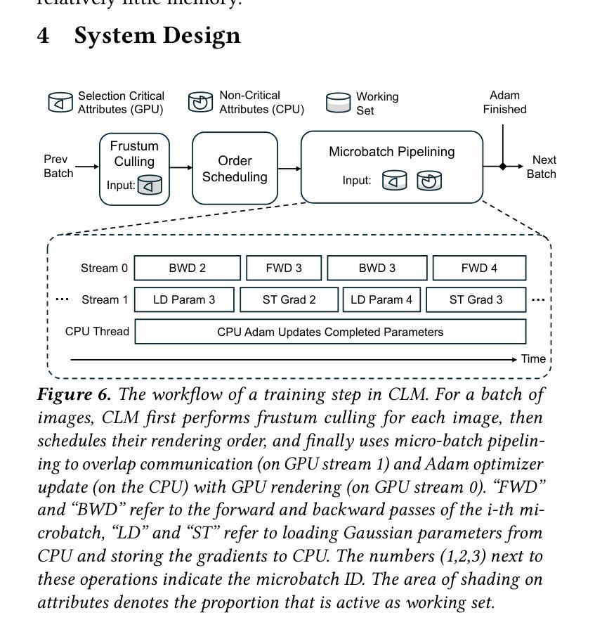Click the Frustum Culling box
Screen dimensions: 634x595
click(x=134, y=169)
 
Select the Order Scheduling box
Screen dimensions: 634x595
click(x=235, y=169)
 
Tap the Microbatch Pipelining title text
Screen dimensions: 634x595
click(x=392, y=152)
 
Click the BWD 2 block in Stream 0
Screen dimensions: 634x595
click(x=187, y=268)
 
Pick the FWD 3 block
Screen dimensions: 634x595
click(x=284, y=268)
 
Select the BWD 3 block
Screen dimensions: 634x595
click(x=377, y=268)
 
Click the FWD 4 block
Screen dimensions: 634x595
click(x=479, y=268)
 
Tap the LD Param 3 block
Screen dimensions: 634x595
click(x=184, y=299)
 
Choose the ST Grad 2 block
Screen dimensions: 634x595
click(x=289, y=299)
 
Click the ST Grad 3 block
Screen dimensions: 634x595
click(x=476, y=299)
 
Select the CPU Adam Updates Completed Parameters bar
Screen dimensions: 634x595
click(x=330, y=332)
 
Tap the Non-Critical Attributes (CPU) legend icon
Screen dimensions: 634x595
click(x=200, y=103)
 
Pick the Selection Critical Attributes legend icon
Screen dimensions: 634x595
click(x=60, y=103)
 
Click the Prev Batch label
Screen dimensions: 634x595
click(x=58, y=167)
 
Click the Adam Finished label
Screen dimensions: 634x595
click(x=504, y=103)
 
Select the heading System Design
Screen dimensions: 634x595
click(x=157, y=36)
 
